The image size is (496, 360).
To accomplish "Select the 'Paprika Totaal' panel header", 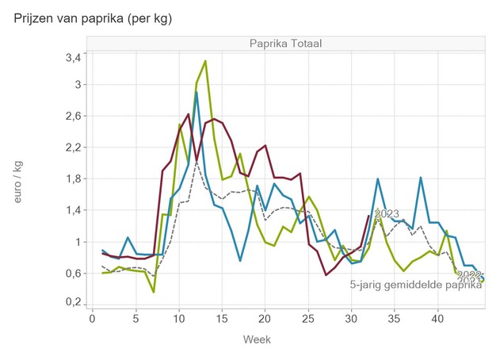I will pos(284,43).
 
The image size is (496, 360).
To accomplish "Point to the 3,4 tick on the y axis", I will pos(71,58).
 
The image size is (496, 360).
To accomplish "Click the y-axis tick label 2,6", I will pos(71,116).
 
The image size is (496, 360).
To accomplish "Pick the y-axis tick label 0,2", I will pos(71,303).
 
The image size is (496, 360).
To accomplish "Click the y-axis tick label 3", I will pos(78,85).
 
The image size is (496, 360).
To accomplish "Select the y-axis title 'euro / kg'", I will pos(19,181).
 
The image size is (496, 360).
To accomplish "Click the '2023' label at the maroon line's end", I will pos(386,213).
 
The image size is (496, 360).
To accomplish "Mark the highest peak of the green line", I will pos(205,61).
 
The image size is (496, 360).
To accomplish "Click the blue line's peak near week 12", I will pos(196,93).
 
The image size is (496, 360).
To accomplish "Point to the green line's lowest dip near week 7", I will pos(154,292).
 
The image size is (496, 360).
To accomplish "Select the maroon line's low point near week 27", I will pos(326,275).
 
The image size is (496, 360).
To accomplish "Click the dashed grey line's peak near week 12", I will pos(196,162).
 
